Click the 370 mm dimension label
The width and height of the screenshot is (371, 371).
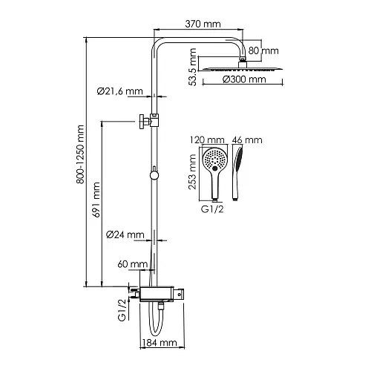(x=203, y=24)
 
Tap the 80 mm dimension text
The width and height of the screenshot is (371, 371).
(x=263, y=50)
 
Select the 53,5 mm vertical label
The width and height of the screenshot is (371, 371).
(x=192, y=67)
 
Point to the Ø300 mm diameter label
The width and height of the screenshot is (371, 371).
(x=244, y=79)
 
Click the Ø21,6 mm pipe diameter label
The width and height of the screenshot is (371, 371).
(x=120, y=91)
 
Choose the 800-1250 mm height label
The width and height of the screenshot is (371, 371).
(x=80, y=154)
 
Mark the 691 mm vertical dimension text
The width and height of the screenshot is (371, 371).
(x=96, y=200)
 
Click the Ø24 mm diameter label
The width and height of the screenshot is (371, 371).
(x=125, y=234)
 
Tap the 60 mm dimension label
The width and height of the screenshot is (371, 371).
(x=133, y=264)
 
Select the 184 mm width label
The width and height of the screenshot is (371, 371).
(x=160, y=343)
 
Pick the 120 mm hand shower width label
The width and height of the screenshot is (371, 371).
(x=207, y=140)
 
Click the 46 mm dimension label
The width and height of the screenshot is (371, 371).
(x=247, y=140)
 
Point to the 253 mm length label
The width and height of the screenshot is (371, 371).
(x=192, y=172)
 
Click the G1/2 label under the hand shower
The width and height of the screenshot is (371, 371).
(x=212, y=209)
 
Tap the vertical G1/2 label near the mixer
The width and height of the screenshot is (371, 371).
(x=122, y=310)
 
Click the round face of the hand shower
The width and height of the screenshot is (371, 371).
(x=214, y=160)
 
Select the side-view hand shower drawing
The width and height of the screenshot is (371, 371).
(x=237, y=173)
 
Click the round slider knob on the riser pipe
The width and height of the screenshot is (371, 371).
(x=154, y=174)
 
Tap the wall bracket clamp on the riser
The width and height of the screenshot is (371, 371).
(x=149, y=121)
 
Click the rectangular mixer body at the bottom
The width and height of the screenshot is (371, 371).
(x=157, y=295)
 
